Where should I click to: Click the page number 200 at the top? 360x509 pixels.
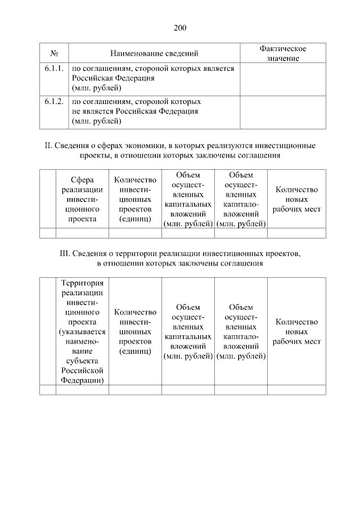tap(180, 28)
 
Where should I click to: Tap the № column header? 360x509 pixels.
tap(55, 54)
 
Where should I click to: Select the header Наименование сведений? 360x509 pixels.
tap(154, 54)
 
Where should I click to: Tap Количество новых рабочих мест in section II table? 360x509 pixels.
tap(296, 200)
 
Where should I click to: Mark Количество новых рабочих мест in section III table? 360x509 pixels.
tap(296, 331)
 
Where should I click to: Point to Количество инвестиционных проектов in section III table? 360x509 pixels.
tap(135, 331)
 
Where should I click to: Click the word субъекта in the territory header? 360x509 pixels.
tap(83, 361)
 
